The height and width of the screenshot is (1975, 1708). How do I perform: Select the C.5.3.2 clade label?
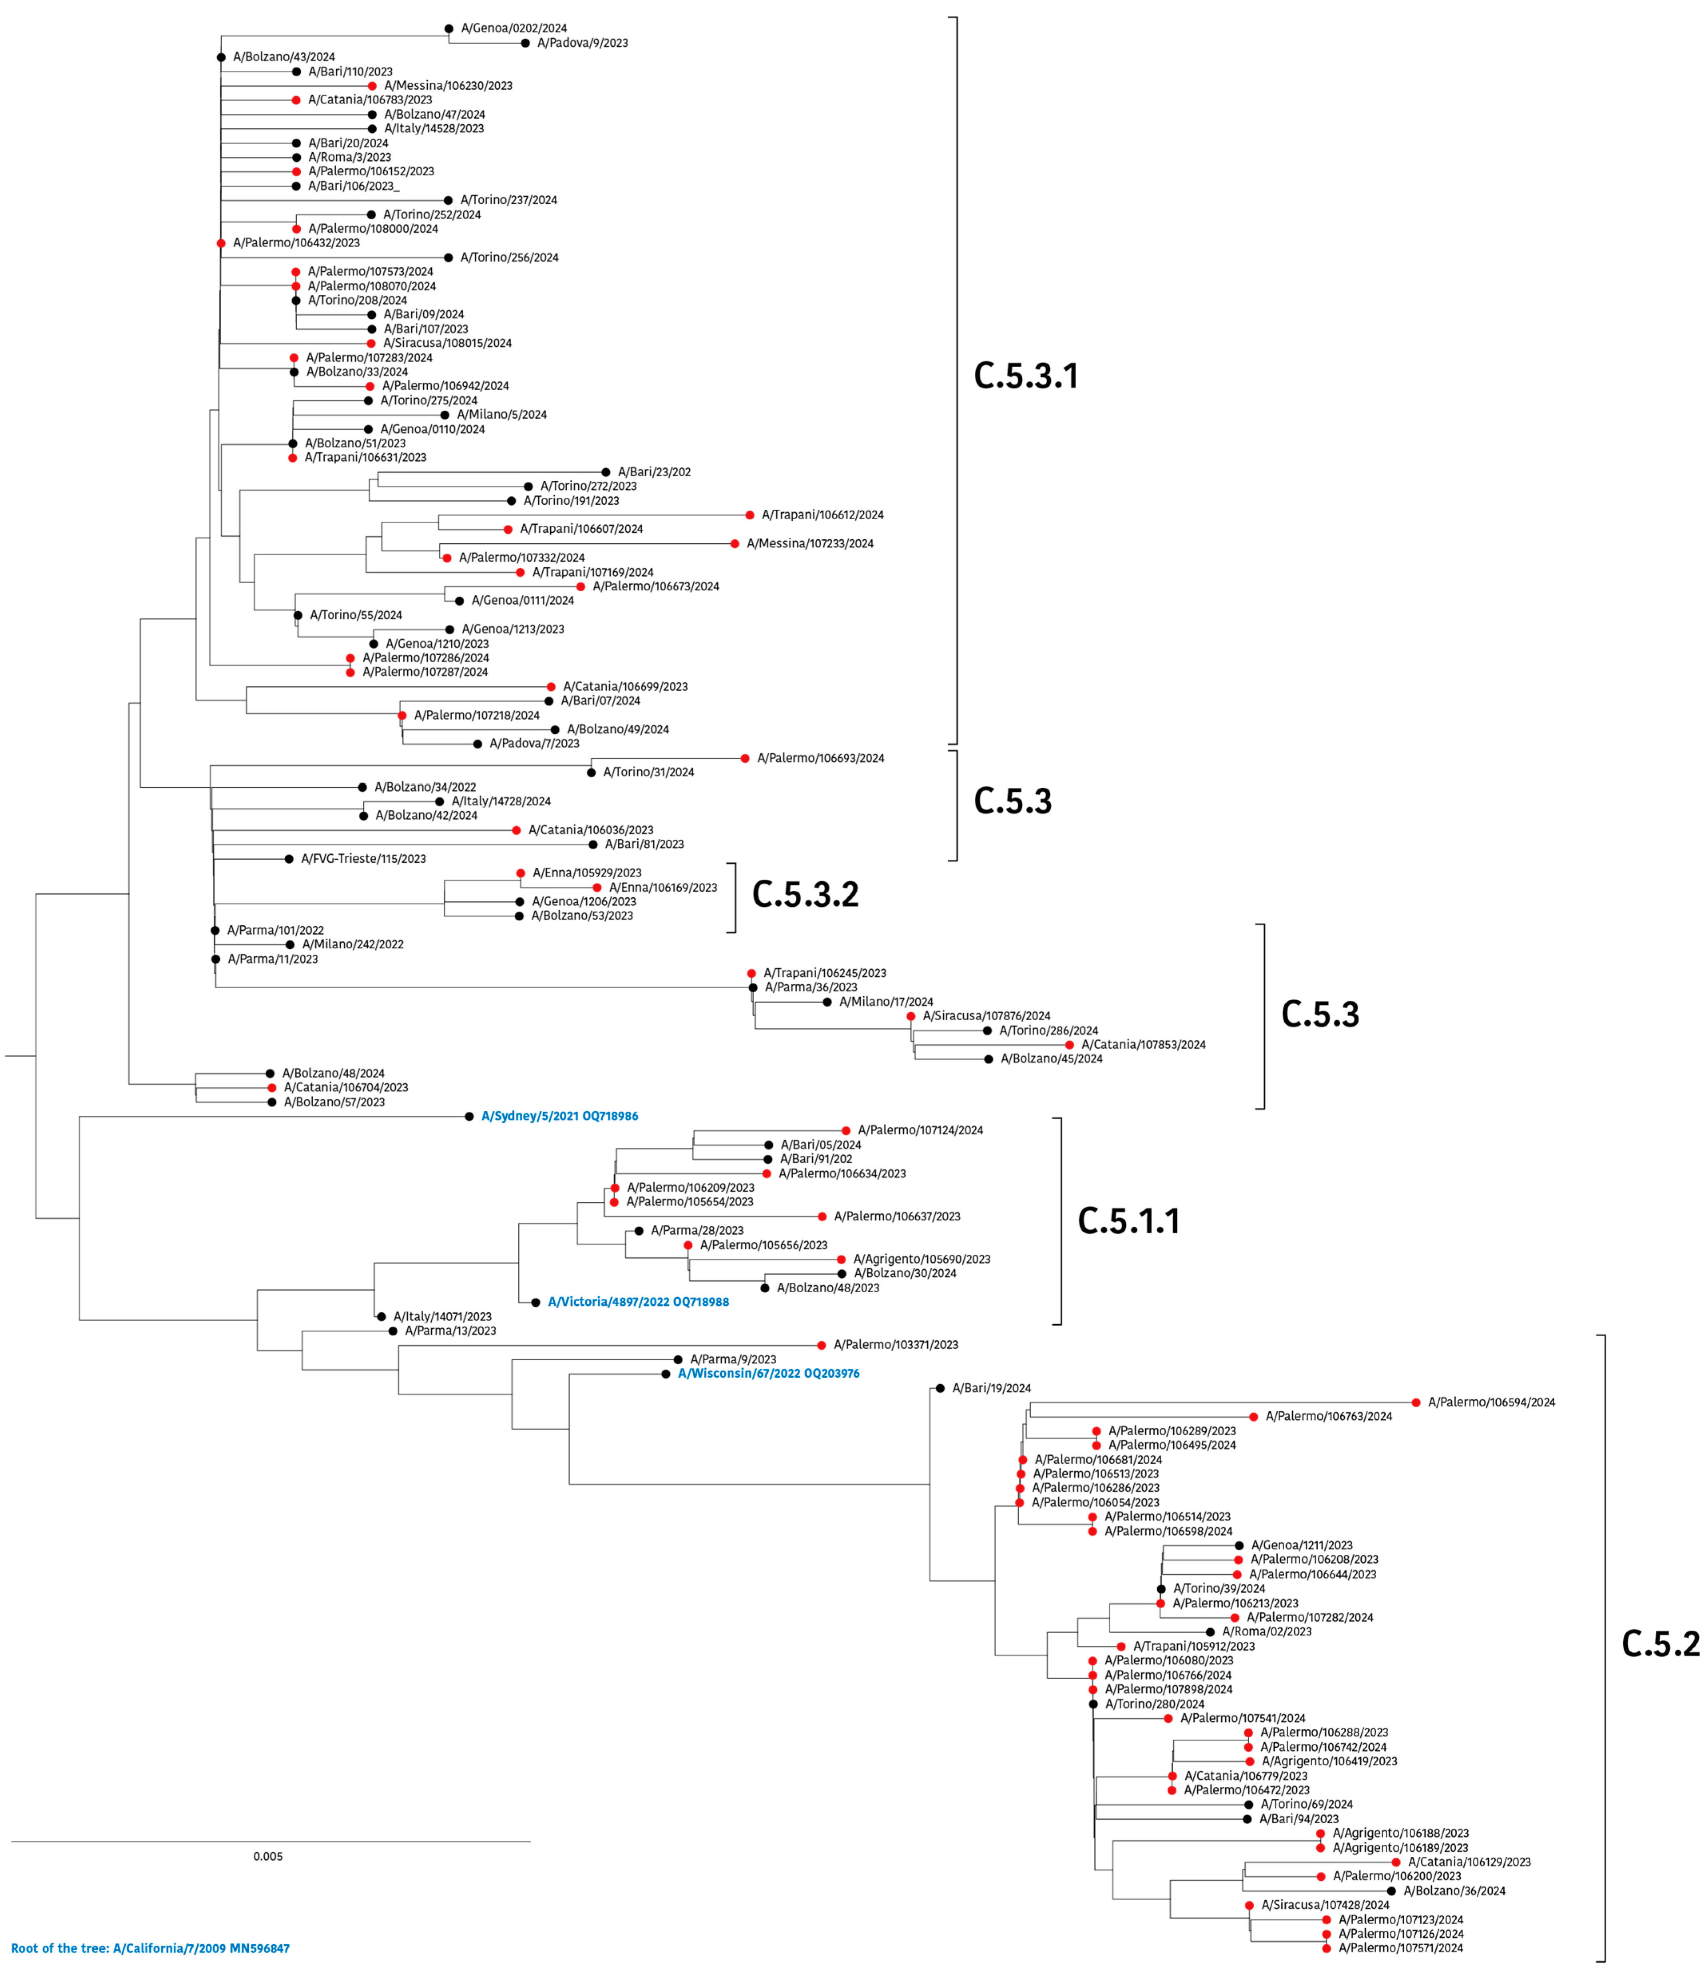[x=805, y=894]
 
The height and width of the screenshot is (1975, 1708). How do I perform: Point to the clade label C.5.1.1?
[x=1129, y=1221]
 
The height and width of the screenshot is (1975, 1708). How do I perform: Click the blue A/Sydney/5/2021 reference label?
[x=559, y=1116]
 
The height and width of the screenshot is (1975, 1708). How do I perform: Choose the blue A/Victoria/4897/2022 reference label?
[x=638, y=1302]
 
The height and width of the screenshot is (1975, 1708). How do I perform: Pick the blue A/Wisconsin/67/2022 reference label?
[x=768, y=1373]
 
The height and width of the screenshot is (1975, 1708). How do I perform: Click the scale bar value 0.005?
[x=268, y=1856]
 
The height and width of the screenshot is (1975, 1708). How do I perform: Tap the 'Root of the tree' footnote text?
[x=151, y=1948]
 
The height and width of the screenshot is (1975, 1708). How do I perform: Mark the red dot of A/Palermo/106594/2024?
[x=1416, y=1402]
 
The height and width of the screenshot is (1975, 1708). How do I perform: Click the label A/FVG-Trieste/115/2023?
[x=363, y=859]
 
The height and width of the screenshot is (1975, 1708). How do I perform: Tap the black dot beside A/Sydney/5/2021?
[x=469, y=1116]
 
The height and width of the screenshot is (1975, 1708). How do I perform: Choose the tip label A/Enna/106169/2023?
[x=663, y=887]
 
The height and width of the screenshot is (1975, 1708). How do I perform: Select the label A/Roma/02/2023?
[x=1267, y=1632]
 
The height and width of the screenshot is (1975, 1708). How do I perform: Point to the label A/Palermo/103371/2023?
[x=896, y=1345]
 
